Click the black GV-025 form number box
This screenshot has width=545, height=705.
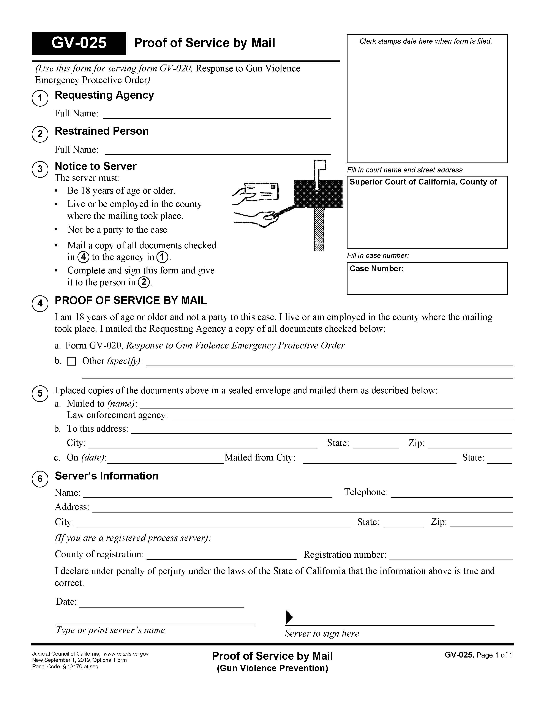[x=79, y=43]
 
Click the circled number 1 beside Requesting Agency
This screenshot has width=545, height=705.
[x=40, y=98]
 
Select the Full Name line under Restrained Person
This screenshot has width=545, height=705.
[x=218, y=150]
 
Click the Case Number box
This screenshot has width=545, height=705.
[x=427, y=278]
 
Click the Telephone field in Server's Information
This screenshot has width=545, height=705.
[x=451, y=493]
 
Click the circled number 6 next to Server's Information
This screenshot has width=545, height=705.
[x=40, y=478]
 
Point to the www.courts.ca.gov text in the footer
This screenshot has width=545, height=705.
[x=126, y=654]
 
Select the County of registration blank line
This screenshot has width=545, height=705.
[x=221, y=555]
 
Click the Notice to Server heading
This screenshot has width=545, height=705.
[x=96, y=166]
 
